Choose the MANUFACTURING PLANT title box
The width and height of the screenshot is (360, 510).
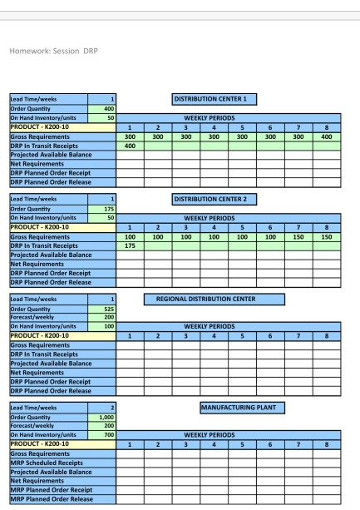click(241, 407)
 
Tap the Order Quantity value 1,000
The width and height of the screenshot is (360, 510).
click(106, 418)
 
